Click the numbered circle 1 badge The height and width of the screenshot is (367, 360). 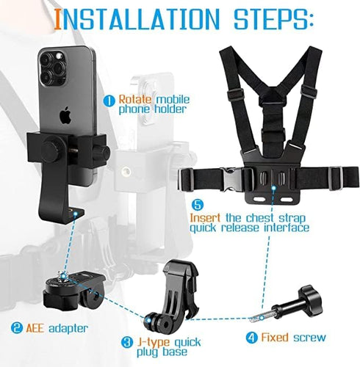click(x=107, y=100)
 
